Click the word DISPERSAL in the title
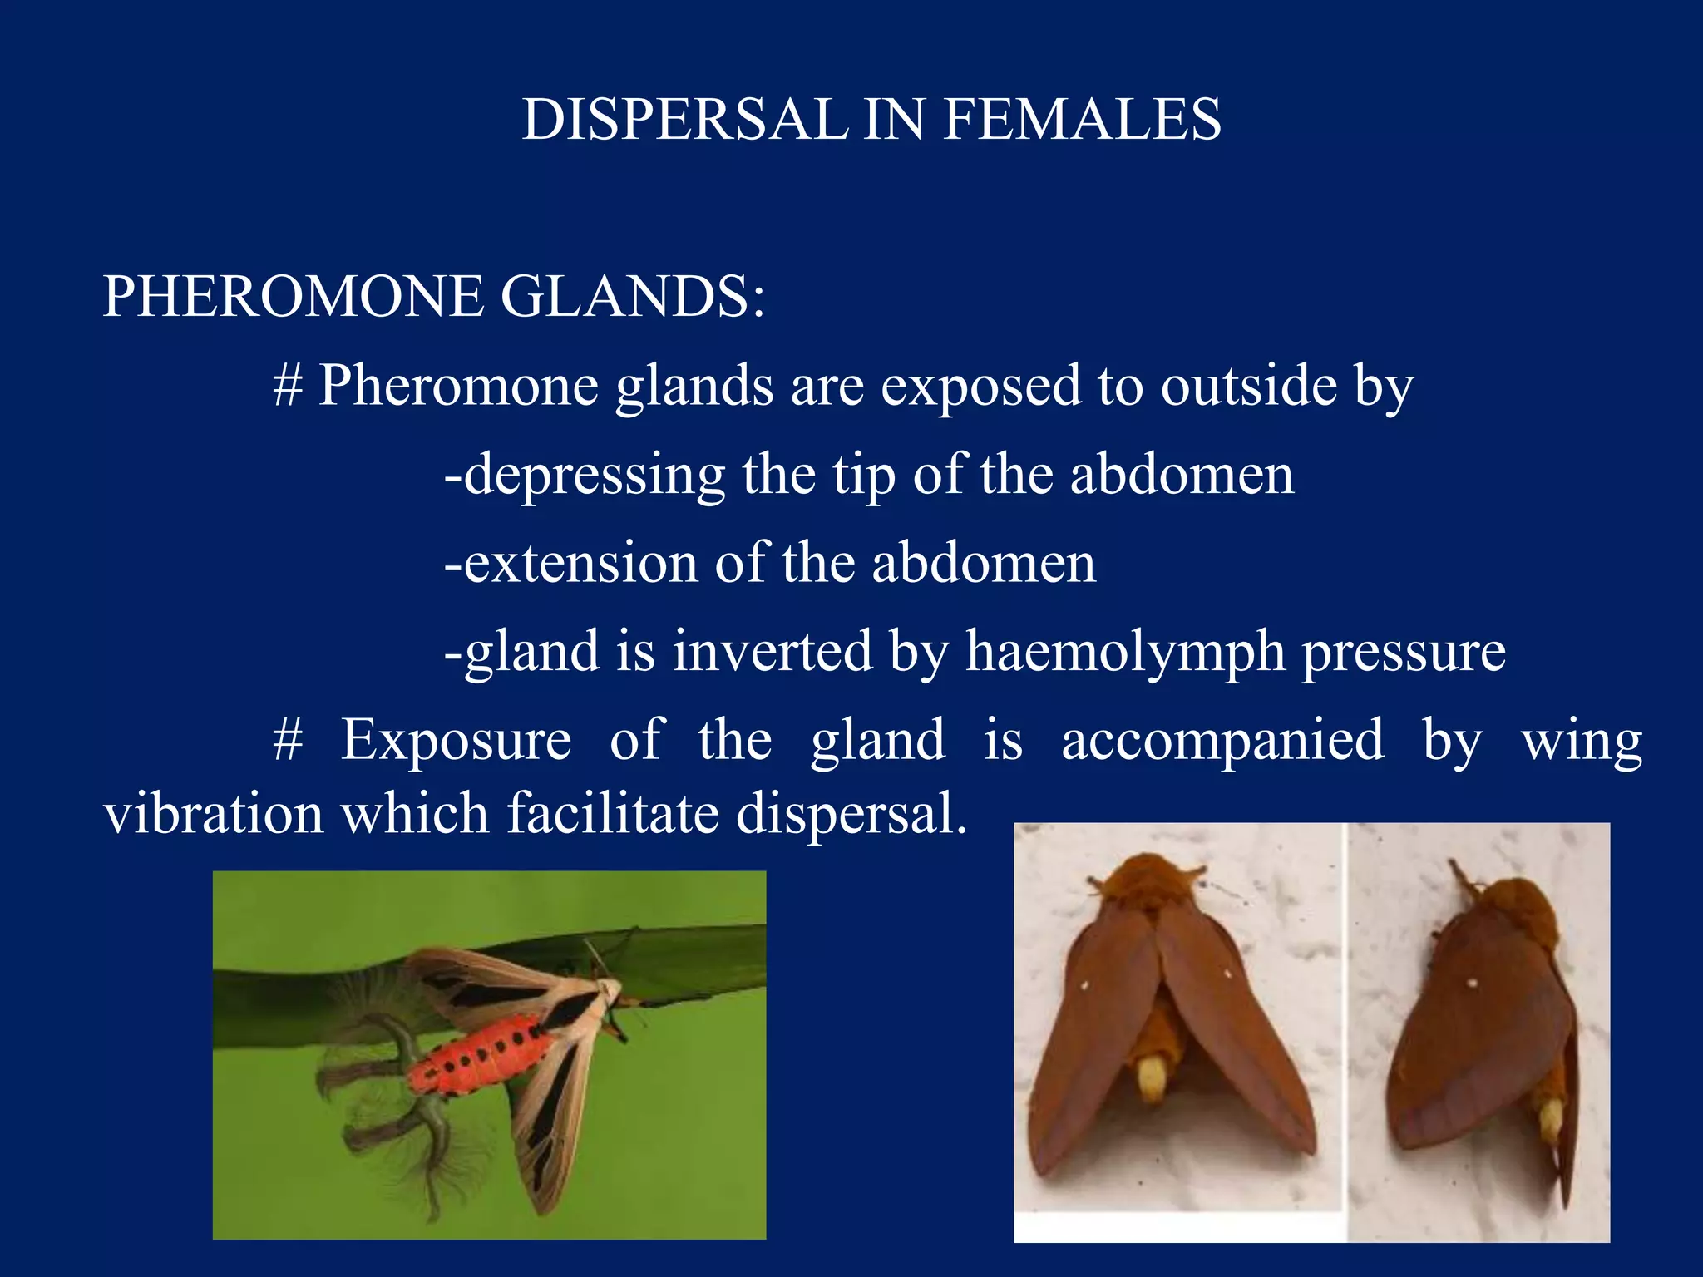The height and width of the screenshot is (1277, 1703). coord(685,119)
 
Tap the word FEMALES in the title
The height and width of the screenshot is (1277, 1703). coord(1082,119)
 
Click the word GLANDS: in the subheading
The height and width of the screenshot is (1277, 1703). coord(633,296)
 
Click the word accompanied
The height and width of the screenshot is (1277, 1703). coord(1222,739)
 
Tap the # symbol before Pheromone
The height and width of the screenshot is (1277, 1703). coord(288,386)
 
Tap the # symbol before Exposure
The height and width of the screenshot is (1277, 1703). coord(288,740)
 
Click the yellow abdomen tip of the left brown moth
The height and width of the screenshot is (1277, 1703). coord(1153,1077)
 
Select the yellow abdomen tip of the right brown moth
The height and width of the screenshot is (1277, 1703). coord(1551,1118)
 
